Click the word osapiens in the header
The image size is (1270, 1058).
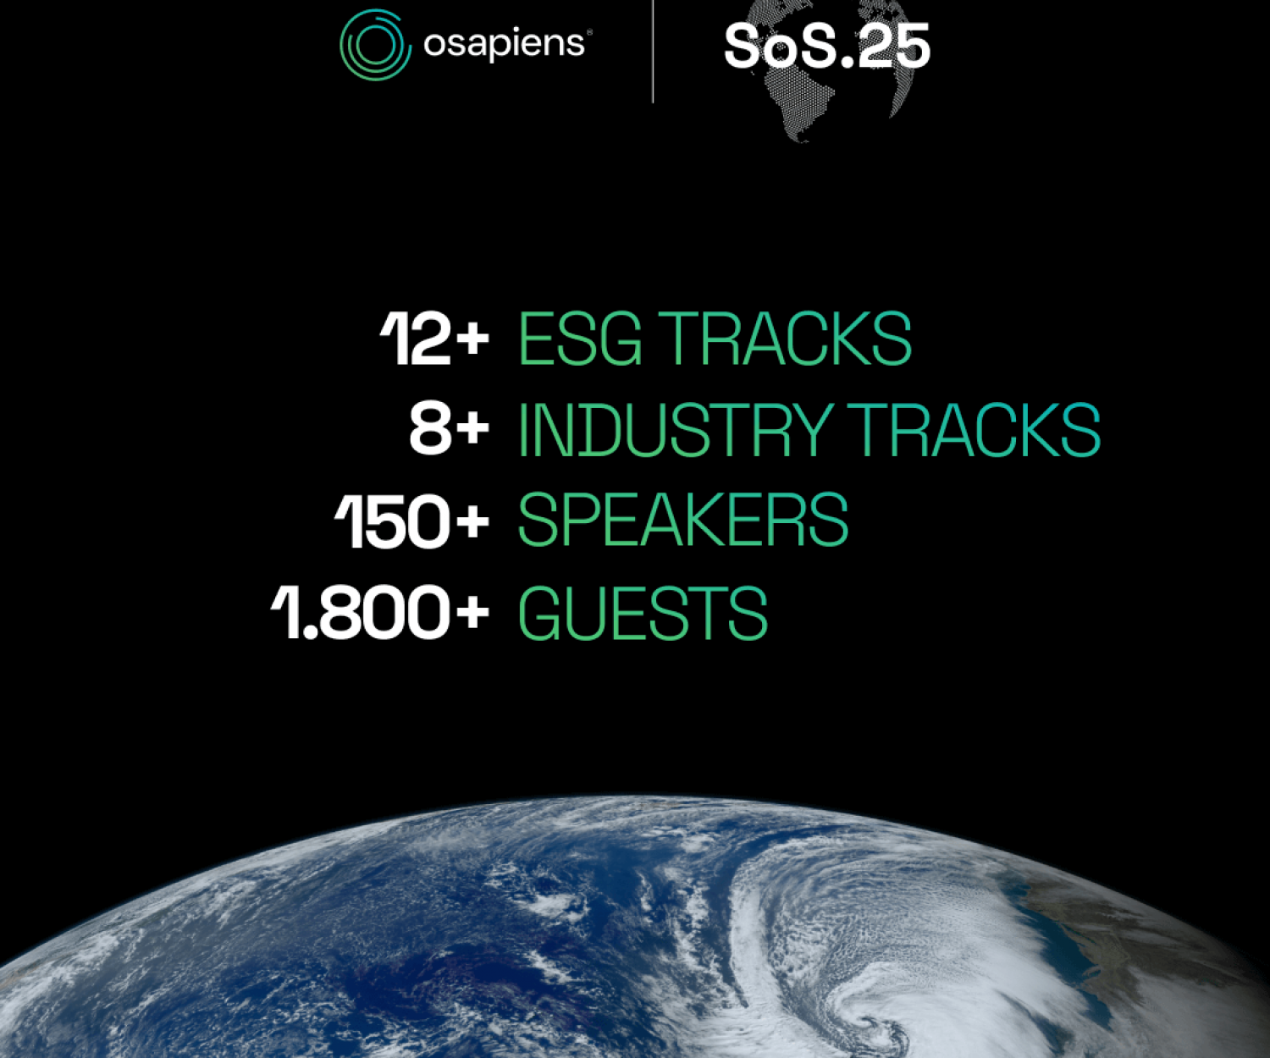[504, 44]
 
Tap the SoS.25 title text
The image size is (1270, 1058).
[826, 47]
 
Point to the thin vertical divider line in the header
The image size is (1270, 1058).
[653, 51]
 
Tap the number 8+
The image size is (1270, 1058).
[449, 428]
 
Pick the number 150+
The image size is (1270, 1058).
[411, 521]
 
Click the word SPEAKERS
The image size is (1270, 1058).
[683, 520]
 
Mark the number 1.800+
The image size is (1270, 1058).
[380, 612]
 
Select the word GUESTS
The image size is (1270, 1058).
[643, 612]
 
